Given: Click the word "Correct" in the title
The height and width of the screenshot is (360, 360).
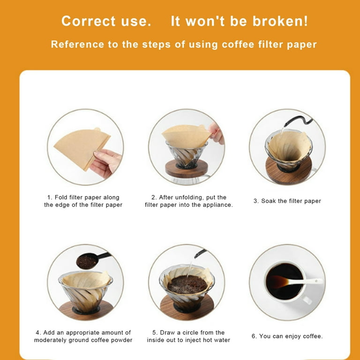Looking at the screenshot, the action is (89, 21).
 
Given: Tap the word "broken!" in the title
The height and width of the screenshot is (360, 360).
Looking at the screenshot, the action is (280, 21).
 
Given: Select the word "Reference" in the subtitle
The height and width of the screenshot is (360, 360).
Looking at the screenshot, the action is (78, 45).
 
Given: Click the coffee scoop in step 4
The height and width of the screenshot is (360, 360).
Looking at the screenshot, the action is (93, 260).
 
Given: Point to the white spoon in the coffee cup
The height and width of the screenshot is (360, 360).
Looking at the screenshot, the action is (296, 282).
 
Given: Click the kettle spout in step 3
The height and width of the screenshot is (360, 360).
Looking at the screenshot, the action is (298, 121).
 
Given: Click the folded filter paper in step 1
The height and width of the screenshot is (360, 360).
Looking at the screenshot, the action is (82, 148).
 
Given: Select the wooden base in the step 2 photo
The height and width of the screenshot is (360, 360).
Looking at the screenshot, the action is (187, 169).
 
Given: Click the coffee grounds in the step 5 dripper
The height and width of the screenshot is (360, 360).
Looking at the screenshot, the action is (187, 284).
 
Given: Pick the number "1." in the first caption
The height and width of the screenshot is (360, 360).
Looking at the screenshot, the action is (50, 197).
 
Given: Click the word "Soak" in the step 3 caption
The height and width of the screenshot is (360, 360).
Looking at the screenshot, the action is (269, 201).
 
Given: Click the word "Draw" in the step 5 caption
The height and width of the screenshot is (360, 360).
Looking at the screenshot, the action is (168, 332).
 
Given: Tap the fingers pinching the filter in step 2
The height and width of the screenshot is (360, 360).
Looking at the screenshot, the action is (216, 134).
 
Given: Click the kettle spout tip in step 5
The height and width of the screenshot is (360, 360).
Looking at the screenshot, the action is (195, 256).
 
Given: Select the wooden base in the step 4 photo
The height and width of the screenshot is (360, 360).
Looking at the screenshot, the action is (86, 310).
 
